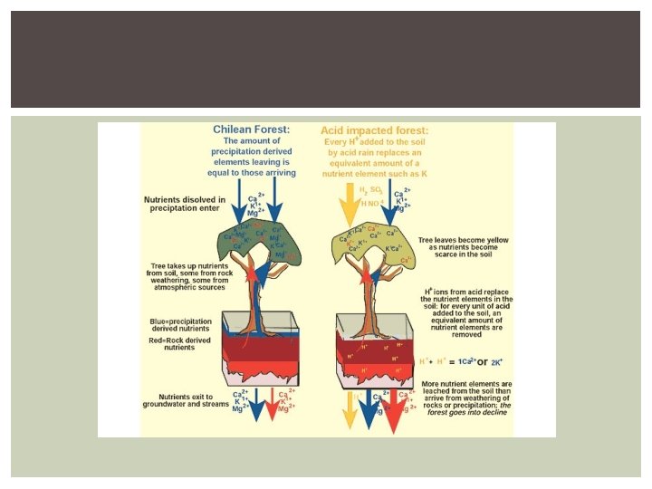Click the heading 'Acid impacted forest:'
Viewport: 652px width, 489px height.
374,130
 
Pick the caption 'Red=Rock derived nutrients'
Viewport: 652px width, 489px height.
179,344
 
